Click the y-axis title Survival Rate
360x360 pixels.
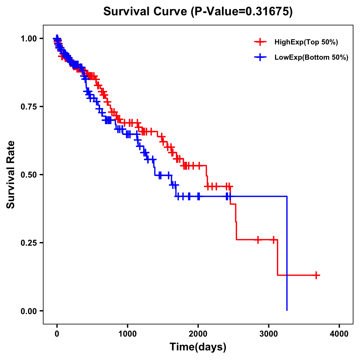(11, 174)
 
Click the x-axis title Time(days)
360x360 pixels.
(198, 347)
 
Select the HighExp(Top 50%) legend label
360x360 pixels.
(306, 42)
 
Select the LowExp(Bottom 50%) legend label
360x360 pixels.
(311, 58)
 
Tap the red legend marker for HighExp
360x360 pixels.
(260, 42)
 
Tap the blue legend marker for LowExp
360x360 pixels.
(260, 58)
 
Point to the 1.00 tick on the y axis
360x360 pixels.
(29, 38)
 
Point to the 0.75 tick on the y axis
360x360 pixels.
(29, 106)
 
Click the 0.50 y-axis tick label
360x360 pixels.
(29, 175)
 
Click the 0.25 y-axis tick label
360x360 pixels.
(29, 243)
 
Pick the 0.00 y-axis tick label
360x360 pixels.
(29, 311)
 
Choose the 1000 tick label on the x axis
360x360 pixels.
(127, 334)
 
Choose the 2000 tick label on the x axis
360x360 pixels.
(198, 334)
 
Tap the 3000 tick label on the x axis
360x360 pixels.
(269, 334)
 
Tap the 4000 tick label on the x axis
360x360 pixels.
(339, 334)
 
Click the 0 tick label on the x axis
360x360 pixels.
(57, 334)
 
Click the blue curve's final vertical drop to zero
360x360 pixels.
(287, 255)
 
